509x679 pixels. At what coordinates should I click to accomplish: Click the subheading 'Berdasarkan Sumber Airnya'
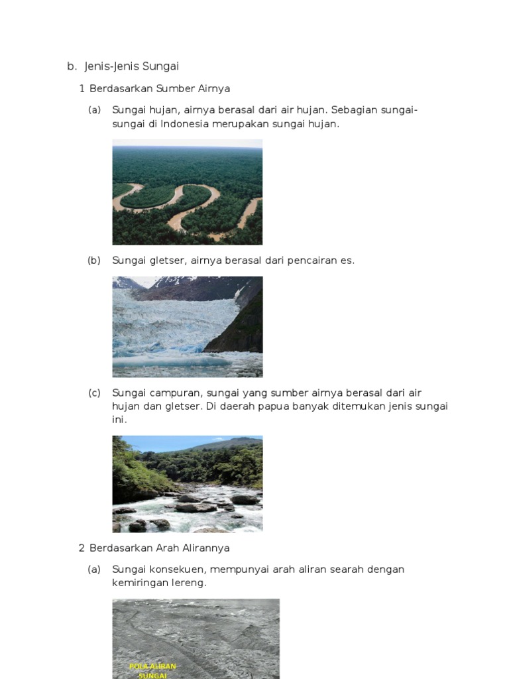coord(160,88)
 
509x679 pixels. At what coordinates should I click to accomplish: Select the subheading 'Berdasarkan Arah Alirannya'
coord(160,548)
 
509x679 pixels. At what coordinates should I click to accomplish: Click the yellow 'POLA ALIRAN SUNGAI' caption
coord(153,670)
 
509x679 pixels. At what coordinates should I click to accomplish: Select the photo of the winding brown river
coord(188,192)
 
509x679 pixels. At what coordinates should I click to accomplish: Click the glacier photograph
coord(188,326)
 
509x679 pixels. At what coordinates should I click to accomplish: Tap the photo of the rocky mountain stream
coord(188,483)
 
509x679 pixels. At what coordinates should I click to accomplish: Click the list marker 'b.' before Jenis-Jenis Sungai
coord(72,66)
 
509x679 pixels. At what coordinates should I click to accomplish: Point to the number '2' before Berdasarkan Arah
coord(82,548)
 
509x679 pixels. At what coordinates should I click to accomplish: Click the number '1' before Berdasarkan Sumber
coord(82,88)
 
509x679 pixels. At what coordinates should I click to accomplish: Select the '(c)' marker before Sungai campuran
coord(94,393)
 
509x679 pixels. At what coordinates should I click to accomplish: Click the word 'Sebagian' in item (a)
coord(353,110)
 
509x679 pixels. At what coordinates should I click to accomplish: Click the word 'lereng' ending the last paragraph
coord(190,583)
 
